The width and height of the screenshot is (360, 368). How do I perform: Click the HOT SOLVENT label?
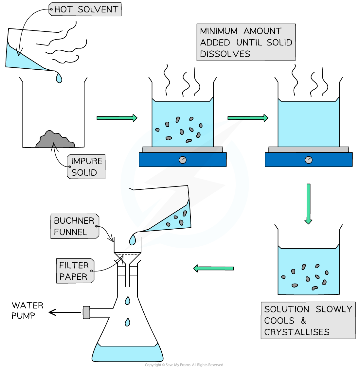coord(85,9)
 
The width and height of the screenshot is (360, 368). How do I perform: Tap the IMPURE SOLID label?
coord(86,166)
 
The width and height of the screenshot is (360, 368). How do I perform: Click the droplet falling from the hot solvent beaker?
coord(59,78)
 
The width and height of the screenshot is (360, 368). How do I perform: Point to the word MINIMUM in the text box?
coord(215,31)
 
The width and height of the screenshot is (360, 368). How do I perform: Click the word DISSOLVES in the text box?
coord(225,54)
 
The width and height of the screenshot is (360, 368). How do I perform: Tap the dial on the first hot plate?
coord(183,160)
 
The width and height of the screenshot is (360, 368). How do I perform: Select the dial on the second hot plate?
coord(308,160)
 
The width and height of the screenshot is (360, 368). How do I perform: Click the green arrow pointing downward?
coord(308,204)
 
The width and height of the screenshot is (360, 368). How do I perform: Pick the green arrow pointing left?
coord(213,268)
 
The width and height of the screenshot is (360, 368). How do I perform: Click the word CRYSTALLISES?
coord(297,332)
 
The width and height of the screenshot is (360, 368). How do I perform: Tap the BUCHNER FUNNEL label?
coord(75,226)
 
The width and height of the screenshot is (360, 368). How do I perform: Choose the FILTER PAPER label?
coord(75,271)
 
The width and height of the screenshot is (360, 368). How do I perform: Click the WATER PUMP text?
coord(27,310)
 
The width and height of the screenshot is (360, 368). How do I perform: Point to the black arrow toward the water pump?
coord(65,312)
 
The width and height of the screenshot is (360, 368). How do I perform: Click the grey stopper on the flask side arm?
coord(86,312)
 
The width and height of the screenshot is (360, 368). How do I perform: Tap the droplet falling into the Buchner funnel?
coord(133,240)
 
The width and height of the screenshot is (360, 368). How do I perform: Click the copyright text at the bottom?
coord(184,365)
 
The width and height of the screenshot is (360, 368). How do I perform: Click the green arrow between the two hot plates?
coord(248,118)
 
